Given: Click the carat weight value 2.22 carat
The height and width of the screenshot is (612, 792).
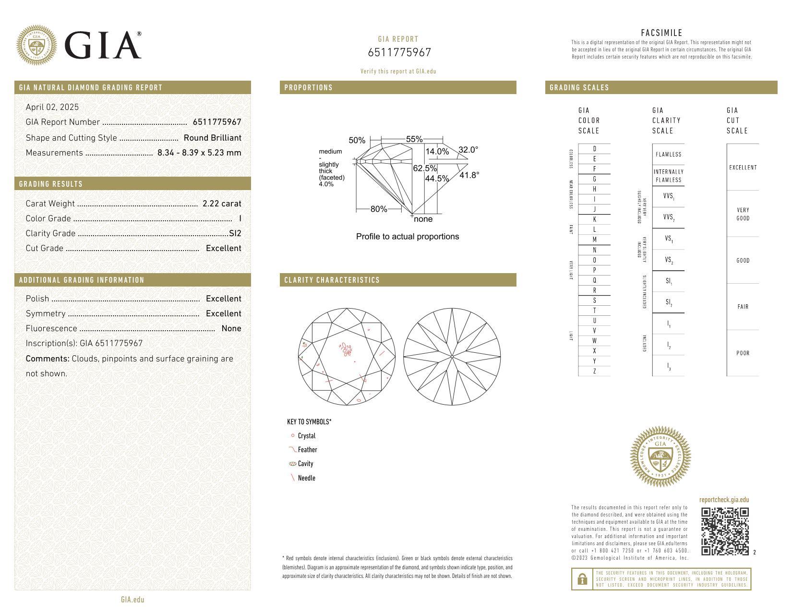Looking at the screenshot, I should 222,204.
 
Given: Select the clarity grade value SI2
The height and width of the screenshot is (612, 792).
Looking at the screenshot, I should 235,233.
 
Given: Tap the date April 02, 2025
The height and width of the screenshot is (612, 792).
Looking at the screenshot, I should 52,107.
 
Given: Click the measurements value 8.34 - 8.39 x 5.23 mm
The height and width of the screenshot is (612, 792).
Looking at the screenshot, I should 199,153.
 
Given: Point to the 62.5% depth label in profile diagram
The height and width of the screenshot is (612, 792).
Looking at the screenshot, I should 425,168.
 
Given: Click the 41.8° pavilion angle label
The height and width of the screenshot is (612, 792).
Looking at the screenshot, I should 469,175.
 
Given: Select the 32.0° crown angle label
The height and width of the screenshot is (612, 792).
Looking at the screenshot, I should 468,150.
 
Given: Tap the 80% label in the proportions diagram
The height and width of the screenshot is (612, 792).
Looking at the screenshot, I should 379,209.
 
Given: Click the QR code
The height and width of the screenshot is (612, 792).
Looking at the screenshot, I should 725,531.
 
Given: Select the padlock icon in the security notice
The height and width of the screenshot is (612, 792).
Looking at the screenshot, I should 582,579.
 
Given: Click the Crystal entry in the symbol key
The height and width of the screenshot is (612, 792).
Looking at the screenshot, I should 306,436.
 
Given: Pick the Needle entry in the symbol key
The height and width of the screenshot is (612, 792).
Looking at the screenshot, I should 306,478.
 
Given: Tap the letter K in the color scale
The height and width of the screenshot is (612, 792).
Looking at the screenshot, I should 594,219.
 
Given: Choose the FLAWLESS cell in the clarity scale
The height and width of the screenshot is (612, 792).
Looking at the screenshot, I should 668,155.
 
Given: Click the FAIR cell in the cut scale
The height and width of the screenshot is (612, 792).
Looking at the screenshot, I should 743,307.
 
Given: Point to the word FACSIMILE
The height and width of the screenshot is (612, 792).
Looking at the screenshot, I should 661,33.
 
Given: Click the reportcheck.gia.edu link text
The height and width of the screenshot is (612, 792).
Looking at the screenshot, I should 724,500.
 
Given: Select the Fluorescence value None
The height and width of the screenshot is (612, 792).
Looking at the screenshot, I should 231,328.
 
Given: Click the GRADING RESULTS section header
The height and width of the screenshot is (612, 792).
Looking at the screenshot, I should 51,184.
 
